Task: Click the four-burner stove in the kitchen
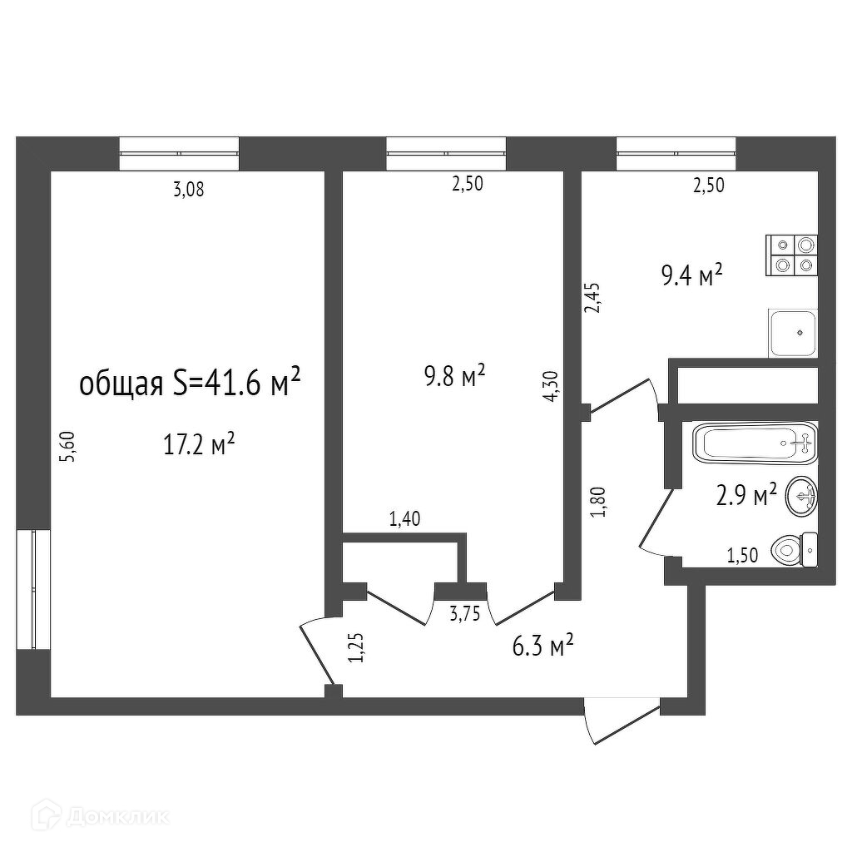tap(793, 255)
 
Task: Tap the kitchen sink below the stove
tap(794, 332)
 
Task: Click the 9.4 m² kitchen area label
tap(691, 275)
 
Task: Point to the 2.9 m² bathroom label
tap(746, 497)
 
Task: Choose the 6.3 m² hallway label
tap(544, 645)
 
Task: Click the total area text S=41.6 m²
tap(189, 384)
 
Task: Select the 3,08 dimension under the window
tap(188, 190)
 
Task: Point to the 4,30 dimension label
tap(550, 387)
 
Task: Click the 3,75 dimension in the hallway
tap(464, 615)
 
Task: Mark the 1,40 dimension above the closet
tap(404, 520)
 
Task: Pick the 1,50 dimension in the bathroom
tap(742, 556)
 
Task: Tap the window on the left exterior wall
tap(32, 589)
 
